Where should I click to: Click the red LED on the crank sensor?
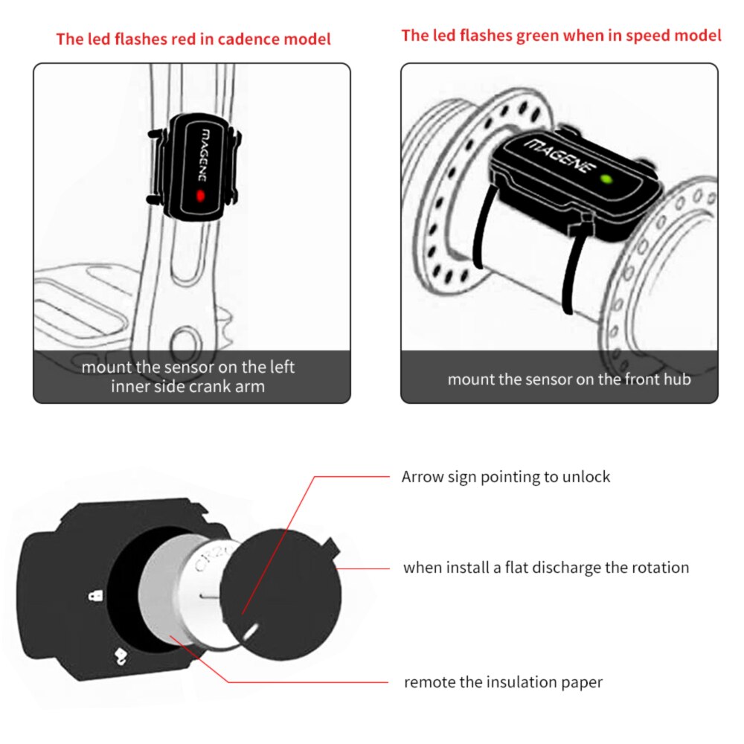click(x=199, y=196)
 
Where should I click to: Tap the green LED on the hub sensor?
click(x=606, y=179)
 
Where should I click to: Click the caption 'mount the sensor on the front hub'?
click(x=569, y=379)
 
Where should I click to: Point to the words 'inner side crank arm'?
click(x=188, y=386)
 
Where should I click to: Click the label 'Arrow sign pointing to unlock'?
click(x=506, y=477)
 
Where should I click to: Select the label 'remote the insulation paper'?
click(x=503, y=682)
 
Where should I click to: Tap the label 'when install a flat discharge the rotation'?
click(x=546, y=568)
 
